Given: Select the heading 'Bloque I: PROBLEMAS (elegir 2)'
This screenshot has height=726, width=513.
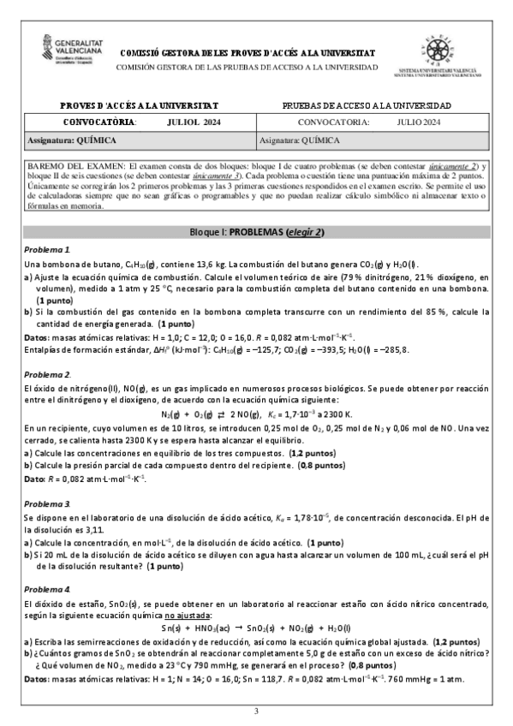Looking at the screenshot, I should click(256, 208).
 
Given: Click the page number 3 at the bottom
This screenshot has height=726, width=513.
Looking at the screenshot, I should click(256, 711).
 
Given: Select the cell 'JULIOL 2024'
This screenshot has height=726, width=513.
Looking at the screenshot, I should click(194, 123).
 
